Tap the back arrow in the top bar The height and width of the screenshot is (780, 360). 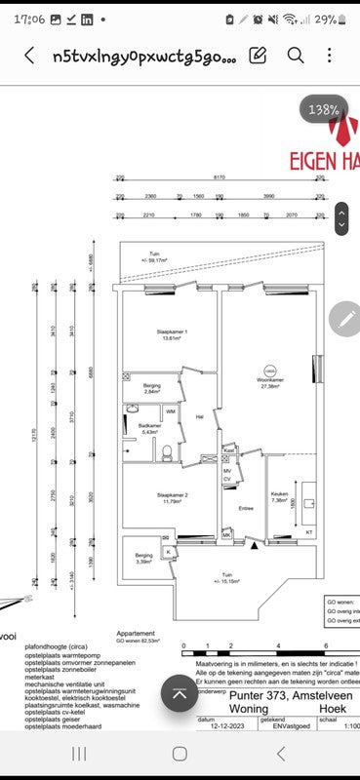click(29, 57)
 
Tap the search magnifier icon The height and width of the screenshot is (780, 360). click(295, 56)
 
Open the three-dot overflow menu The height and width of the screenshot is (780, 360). click(331, 56)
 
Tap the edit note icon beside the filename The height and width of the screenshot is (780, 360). click(259, 56)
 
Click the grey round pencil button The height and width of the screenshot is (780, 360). click(346, 319)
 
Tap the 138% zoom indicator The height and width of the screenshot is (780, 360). click(325, 111)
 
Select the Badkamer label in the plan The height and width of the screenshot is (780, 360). click(149, 428)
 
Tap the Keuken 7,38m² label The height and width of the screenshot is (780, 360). click(280, 497)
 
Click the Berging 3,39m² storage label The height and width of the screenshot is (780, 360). click(143, 558)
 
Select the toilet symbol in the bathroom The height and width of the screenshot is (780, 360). click(168, 450)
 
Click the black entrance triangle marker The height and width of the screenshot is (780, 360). click(256, 547)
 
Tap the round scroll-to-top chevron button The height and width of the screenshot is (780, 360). click(180, 694)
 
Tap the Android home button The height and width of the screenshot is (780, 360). click(180, 754)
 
